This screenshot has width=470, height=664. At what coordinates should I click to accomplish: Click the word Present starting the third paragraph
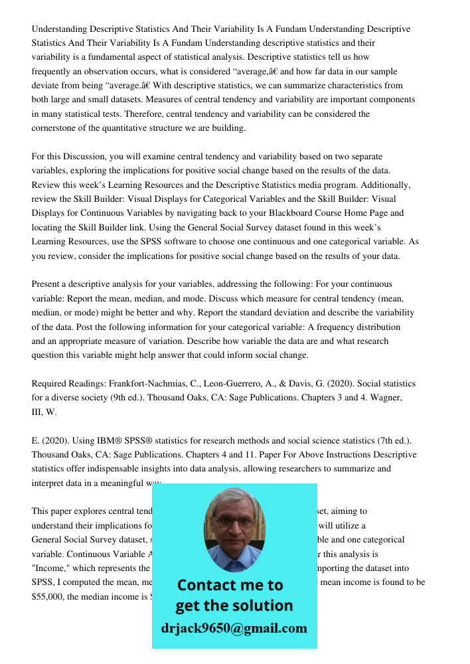(x=46, y=284)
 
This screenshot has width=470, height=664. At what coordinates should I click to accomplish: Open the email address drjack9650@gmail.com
(x=234, y=628)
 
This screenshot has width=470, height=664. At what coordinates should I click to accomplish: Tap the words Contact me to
(x=230, y=585)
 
